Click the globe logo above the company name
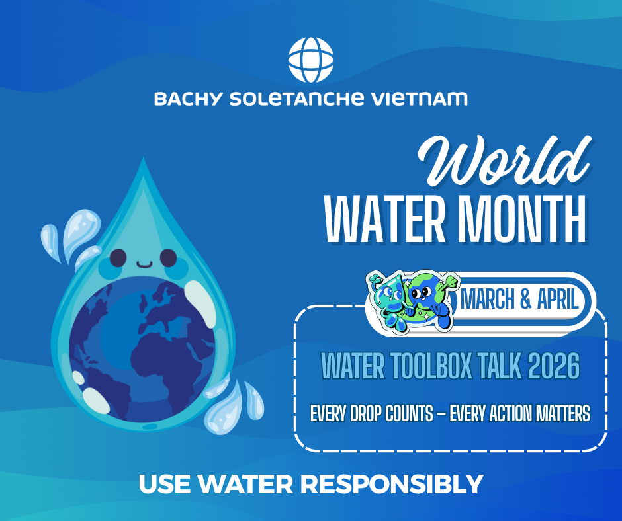pyautogui.click(x=310, y=60)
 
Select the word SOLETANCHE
pyautogui.click(x=296, y=99)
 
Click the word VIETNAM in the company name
pyautogui.click(x=420, y=99)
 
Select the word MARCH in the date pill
pyautogui.click(x=488, y=300)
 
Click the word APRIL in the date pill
pyautogui.click(x=557, y=300)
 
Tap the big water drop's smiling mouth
pyautogui.click(x=144, y=264)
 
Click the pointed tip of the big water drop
pyautogui.click(x=143, y=158)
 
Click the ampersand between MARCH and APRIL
pyautogui.click(x=525, y=300)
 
